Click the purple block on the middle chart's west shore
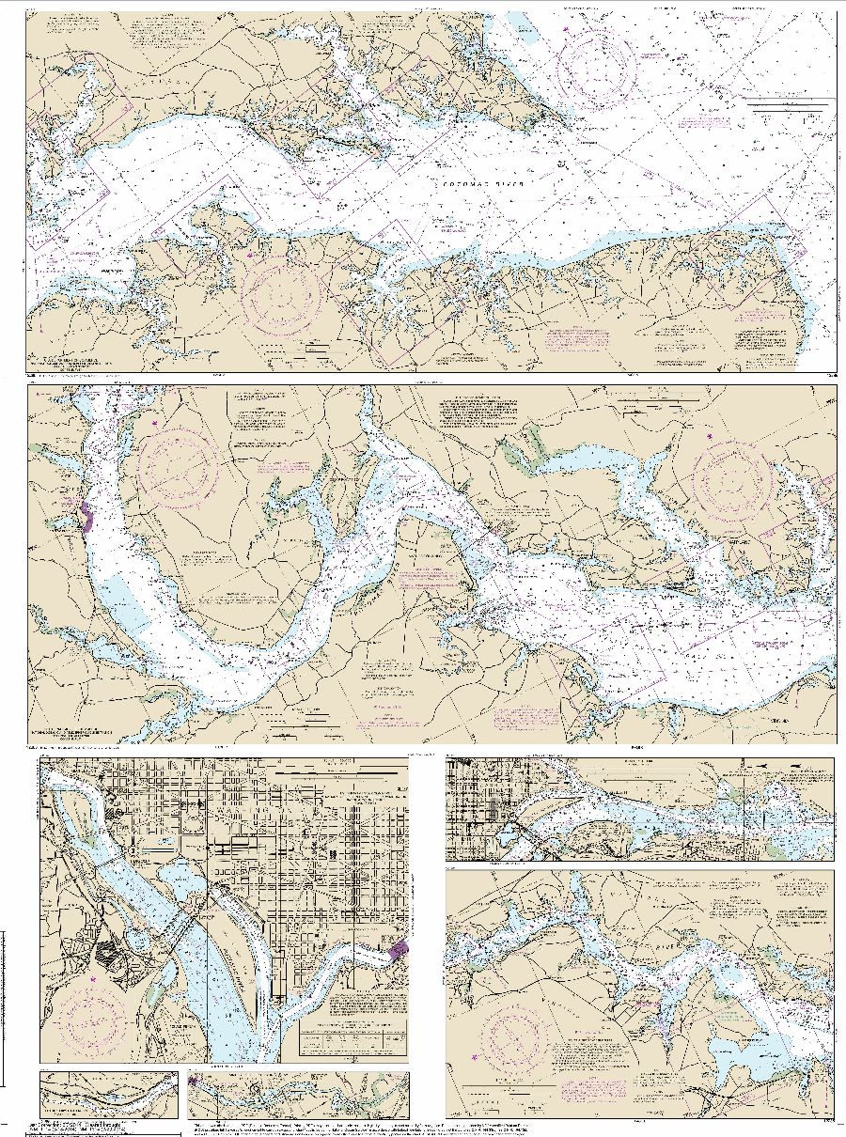(x=86, y=516)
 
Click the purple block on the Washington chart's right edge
(x=399, y=950)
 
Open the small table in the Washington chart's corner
(x=354, y=1039)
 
